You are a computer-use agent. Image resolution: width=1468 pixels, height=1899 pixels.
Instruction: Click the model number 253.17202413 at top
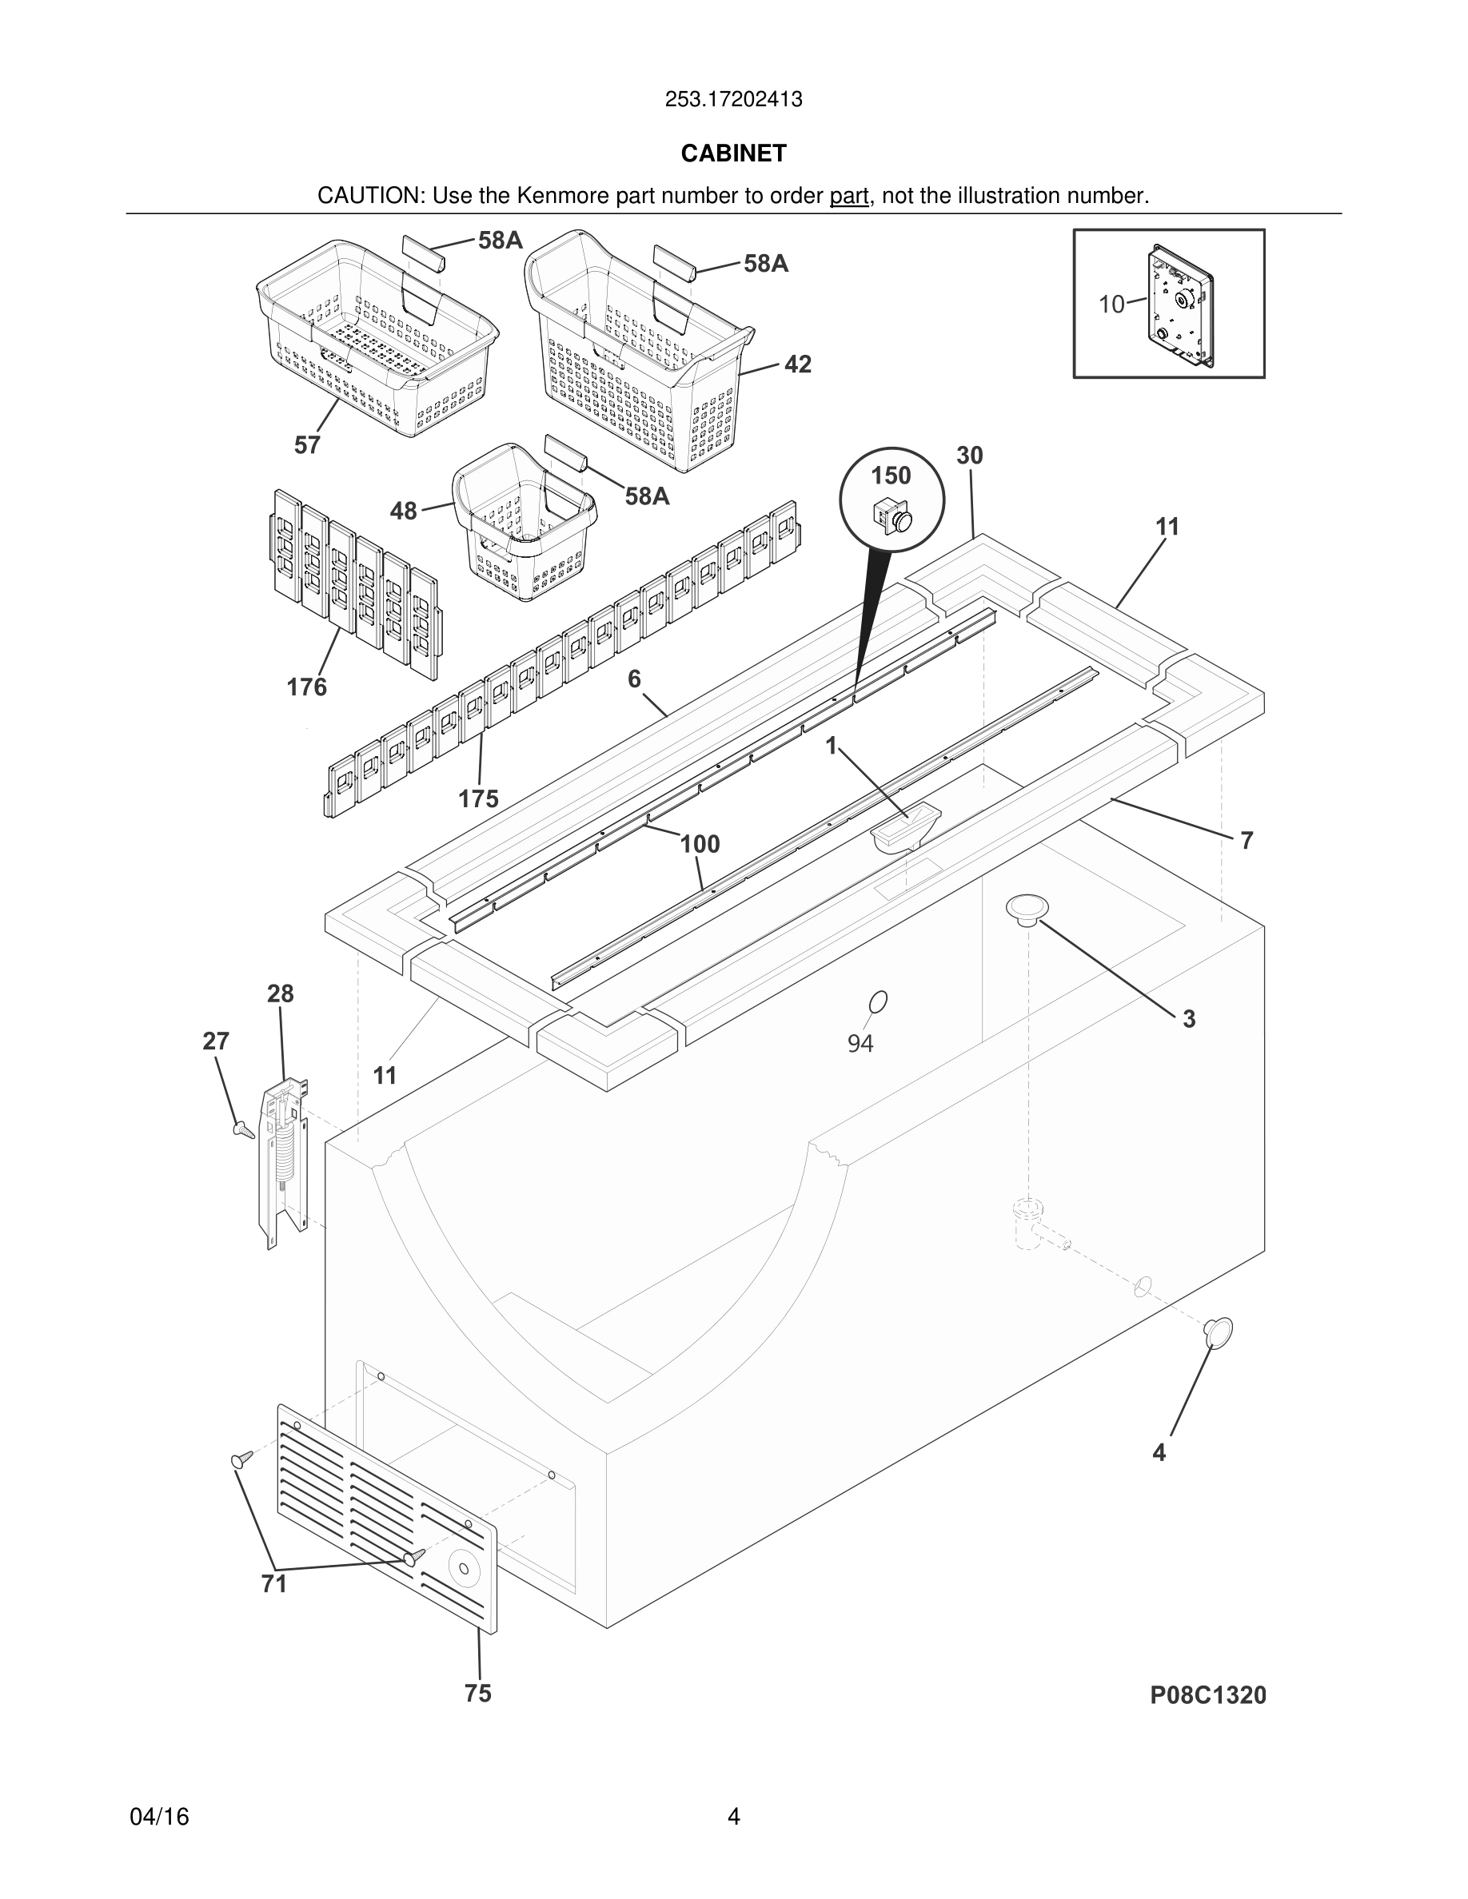[x=733, y=100]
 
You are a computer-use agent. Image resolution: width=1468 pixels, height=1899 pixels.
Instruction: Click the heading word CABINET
[x=733, y=154]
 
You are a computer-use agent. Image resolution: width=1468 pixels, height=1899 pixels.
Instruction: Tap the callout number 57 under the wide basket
[x=307, y=446]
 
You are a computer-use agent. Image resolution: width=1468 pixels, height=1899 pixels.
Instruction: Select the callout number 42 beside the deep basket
[x=797, y=365]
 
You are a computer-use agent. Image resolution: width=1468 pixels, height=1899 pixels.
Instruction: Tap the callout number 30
[x=970, y=456]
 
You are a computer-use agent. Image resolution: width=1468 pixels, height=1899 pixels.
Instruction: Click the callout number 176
[x=307, y=688]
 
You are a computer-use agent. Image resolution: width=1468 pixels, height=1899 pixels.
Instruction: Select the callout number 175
[x=478, y=799]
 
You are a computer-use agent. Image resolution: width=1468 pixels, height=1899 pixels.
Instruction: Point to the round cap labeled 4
[x=1219, y=1332]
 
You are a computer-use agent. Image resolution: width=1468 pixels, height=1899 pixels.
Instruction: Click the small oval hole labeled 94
[x=879, y=1002]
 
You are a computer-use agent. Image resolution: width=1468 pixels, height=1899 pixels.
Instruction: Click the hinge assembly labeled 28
[x=284, y=1157]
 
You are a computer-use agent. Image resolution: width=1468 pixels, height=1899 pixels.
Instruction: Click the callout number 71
[x=274, y=1584]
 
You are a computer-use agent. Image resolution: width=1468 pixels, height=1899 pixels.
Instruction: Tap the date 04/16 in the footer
[x=159, y=1817]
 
